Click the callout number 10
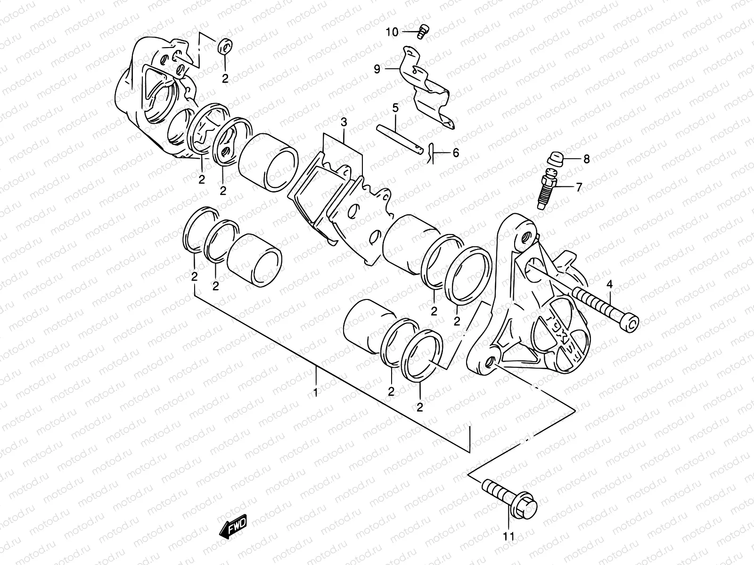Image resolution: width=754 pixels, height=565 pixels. tap(392, 32)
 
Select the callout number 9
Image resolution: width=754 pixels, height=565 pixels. tap(377, 69)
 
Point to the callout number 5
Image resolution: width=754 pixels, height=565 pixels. tap(395, 107)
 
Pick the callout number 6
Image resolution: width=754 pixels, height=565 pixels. tap(455, 153)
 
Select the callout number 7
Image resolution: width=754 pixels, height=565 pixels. tap(579, 187)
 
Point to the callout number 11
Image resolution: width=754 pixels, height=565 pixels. tap(509, 536)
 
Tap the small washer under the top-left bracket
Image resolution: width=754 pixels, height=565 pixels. tap(225, 46)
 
